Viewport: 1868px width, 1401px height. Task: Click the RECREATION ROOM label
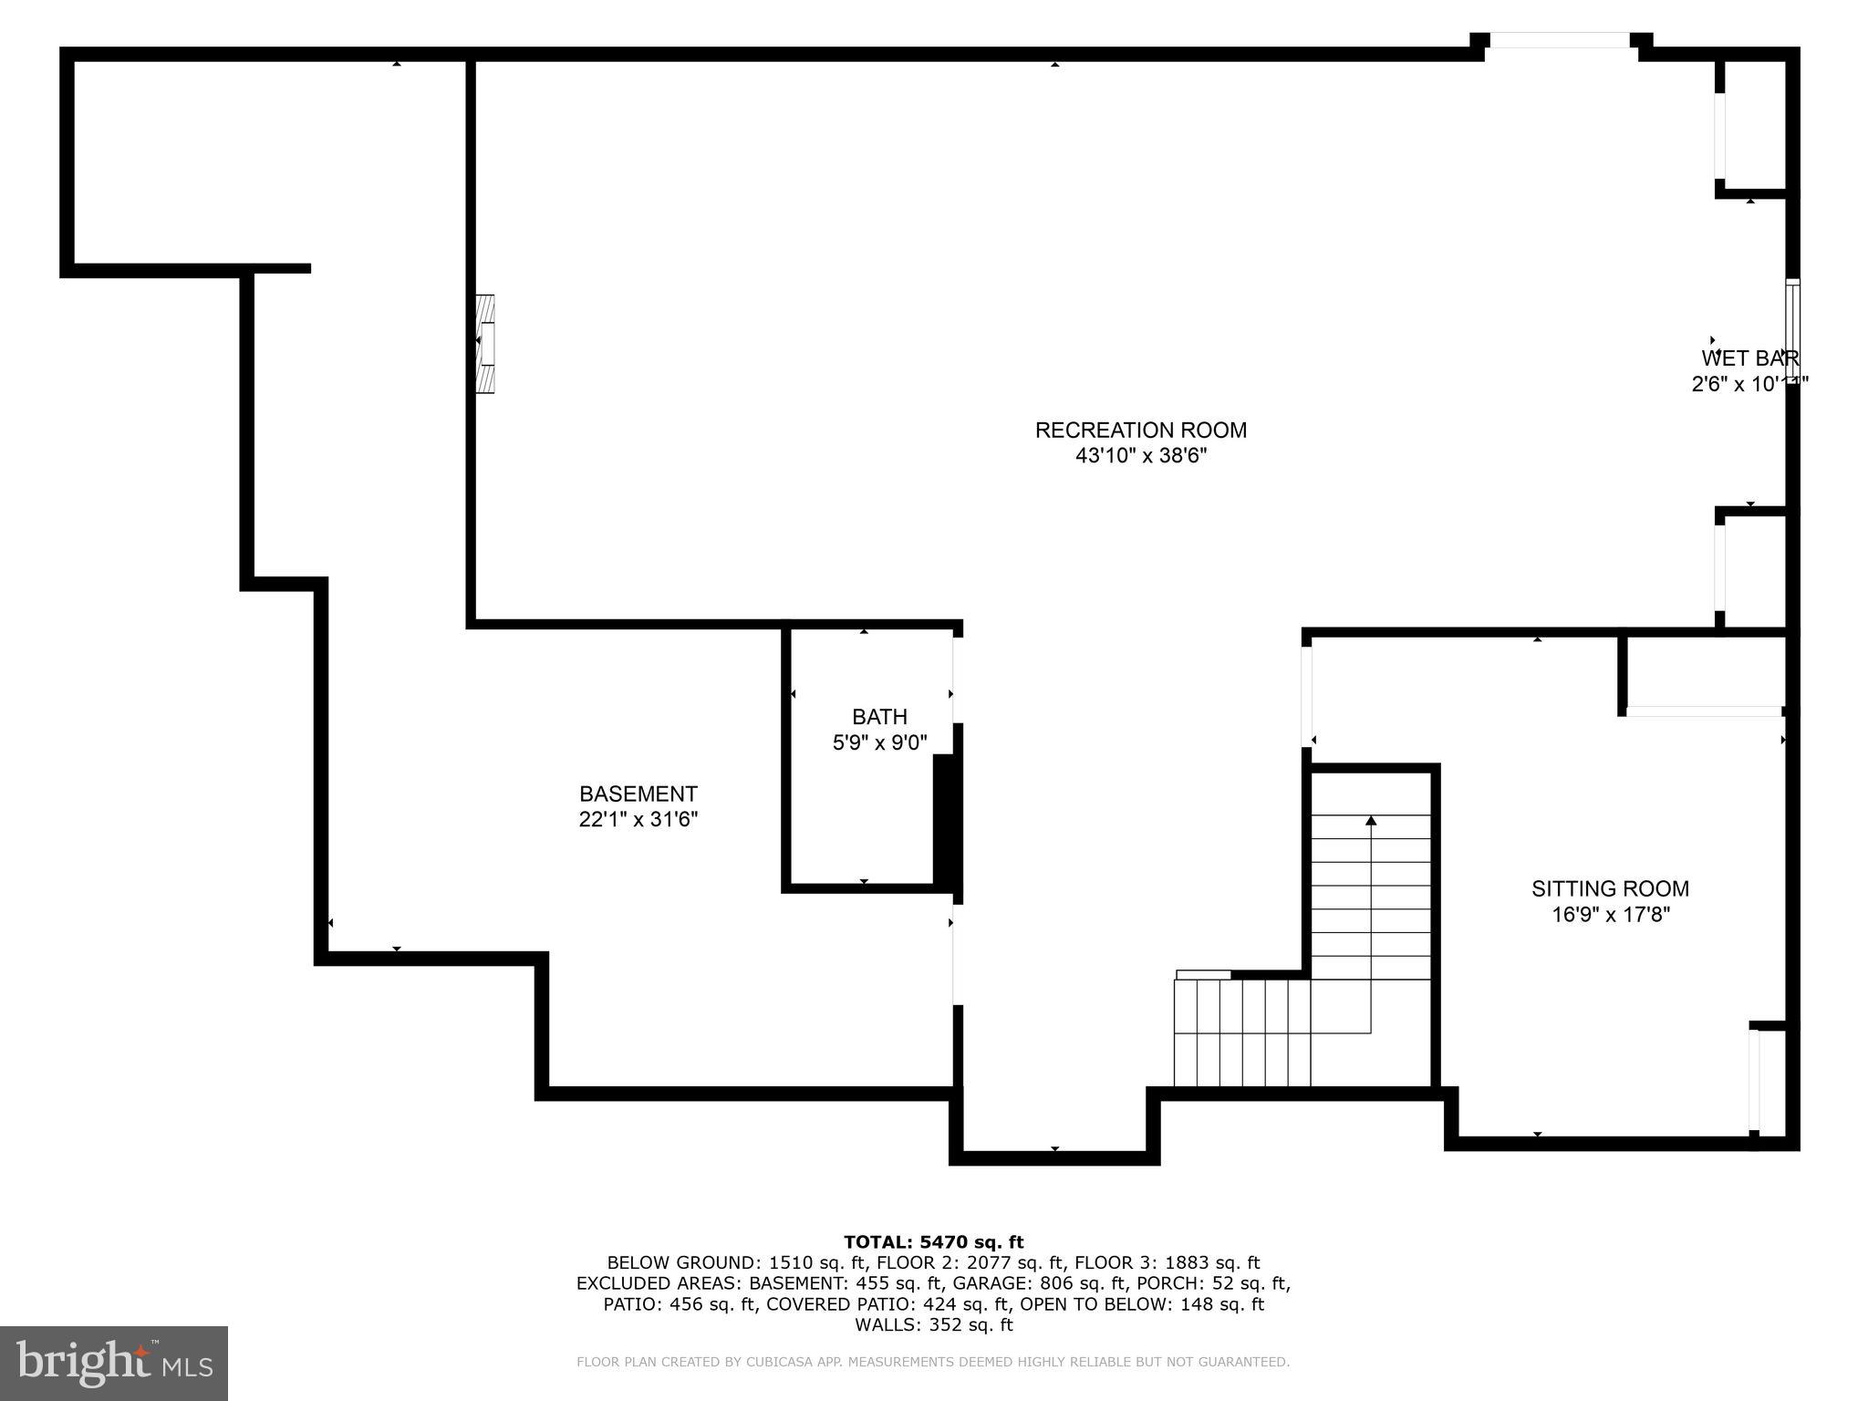(x=1140, y=430)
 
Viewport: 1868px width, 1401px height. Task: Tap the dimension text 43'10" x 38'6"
(x=1140, y=455)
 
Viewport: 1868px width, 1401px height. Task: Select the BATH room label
(x=879, y=717)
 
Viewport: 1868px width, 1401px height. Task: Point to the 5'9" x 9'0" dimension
(x=879, y=742)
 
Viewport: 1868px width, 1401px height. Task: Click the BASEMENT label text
(x=638, y=794)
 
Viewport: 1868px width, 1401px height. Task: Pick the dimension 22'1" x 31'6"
(x=638, y=819)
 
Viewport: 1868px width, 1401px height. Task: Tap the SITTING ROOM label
(x=1610, y=888)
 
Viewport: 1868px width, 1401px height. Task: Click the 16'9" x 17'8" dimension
(x=1610, y=914)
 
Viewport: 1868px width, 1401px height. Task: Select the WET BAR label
(x=1749, y=358)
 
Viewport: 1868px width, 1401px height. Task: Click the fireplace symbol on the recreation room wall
(x=485, y=344)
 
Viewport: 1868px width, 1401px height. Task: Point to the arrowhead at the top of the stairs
(x=1370, y=821)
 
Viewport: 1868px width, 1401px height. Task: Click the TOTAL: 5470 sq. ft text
(x=933, y=1241)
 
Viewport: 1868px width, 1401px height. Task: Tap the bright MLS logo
(x=113, y=1363)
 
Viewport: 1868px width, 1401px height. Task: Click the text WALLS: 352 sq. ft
(x=933, y=1324)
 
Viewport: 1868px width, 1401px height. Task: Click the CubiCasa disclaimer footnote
(x=933, y=1362)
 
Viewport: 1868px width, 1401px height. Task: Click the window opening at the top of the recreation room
(x=1561, y=41)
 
